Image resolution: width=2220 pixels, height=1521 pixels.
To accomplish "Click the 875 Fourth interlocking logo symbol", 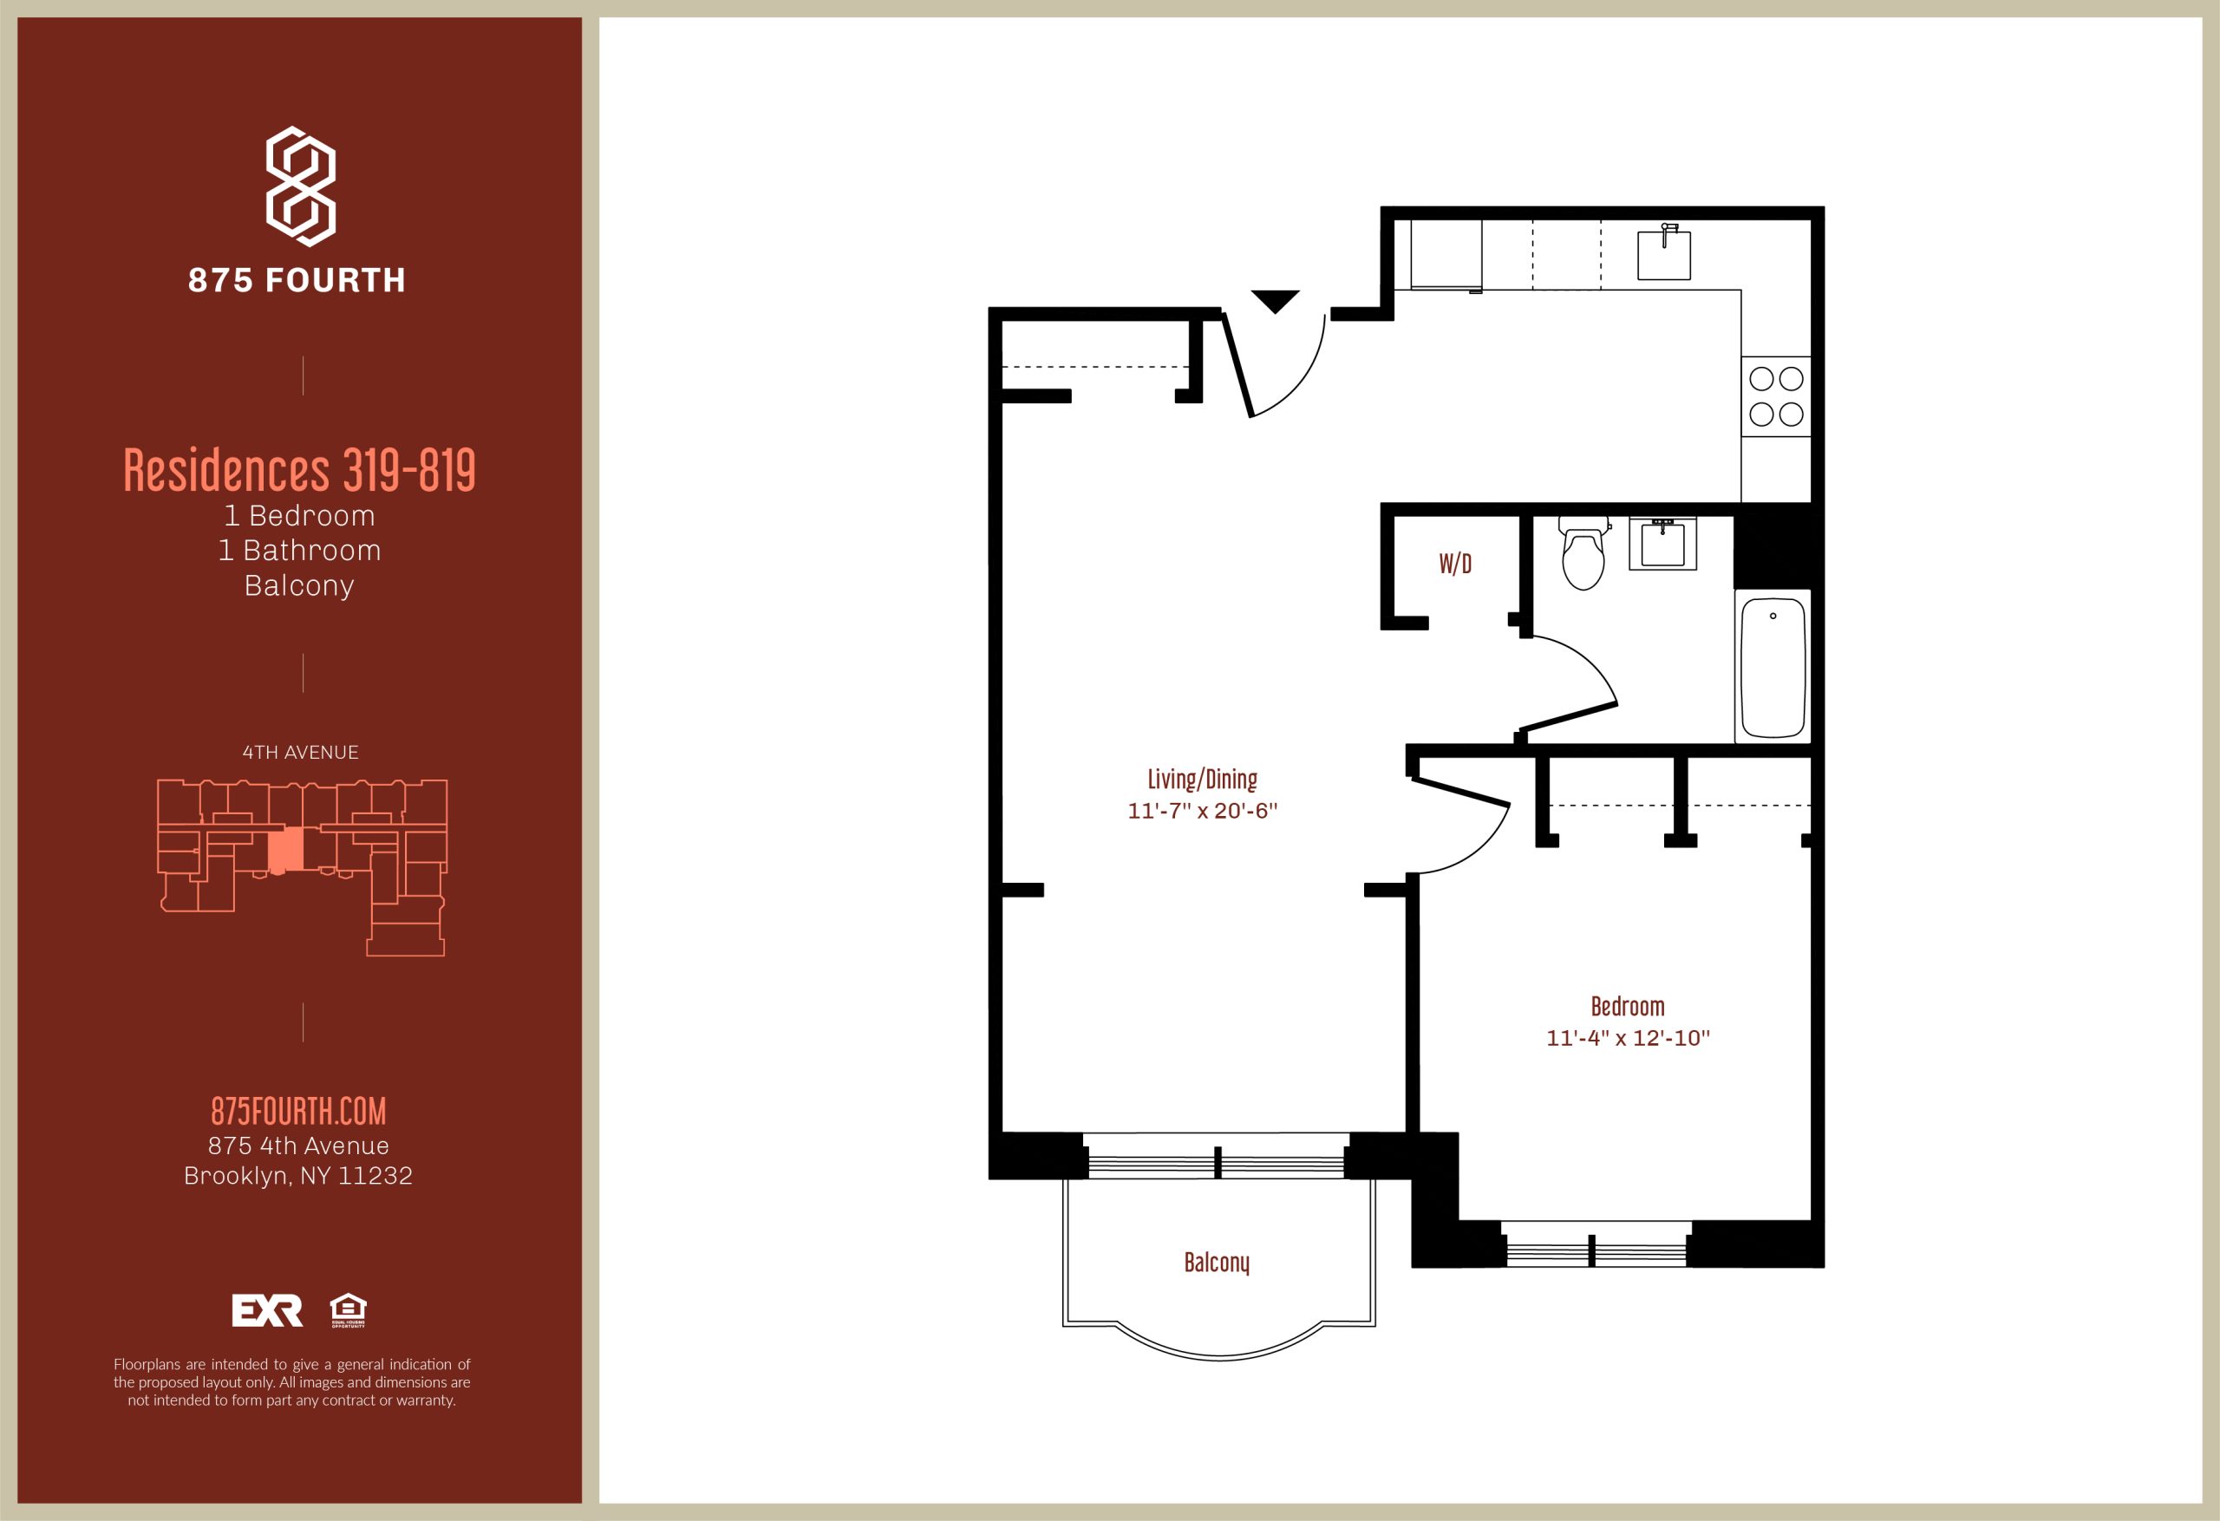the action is (x=300, y=186).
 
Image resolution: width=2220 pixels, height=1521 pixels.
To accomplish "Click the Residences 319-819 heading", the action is (x=300, y=470).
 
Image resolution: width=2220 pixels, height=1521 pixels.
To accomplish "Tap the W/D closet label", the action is (x=1455, y=564).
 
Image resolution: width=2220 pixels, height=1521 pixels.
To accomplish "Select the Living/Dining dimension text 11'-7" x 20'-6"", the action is (x=1203, y=811).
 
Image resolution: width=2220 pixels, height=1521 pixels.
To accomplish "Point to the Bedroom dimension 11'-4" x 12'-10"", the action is (x=1628, y=1038).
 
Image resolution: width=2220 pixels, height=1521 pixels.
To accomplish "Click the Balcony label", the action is (x=1216, y=1262).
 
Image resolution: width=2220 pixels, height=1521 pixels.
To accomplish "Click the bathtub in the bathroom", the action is (x=1773, y=667).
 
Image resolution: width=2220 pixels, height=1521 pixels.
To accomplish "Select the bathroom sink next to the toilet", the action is (x=1663, y=543).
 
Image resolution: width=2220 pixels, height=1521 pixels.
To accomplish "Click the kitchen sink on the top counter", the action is (x=1664, y=252).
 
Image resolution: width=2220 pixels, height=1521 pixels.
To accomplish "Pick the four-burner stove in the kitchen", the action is (x=1776, y=396).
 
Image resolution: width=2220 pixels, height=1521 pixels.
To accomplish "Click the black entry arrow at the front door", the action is (x=1276, y=301).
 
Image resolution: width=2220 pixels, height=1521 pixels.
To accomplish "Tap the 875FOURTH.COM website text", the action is (x=299, y=1111).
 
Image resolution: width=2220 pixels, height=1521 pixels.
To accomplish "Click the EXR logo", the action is (x=267, y=1311).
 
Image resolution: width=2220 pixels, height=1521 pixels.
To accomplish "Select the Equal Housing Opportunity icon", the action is (x=348, y=1310).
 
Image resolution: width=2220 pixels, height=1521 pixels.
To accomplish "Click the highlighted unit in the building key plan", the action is (x=285, y=849).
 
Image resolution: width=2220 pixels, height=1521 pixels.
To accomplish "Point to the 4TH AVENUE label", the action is (x=300, y=753).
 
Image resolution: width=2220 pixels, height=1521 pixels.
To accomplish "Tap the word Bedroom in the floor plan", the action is (x=1628, y=1006).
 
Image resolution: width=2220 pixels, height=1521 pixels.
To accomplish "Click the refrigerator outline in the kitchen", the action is (x=1446, y=254).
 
